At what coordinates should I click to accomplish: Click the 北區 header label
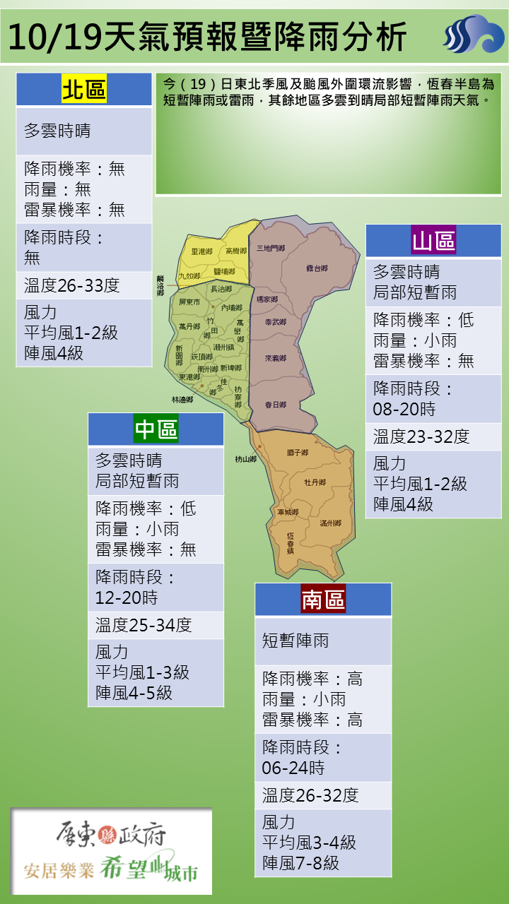click(x=84, y=90)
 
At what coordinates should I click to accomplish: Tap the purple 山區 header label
click(x=433, y=241)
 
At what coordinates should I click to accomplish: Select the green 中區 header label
click(x=156, y=429)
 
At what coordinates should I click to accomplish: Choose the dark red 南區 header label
click(x=323, y=599)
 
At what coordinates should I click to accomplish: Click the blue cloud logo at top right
click(x=473, y=33)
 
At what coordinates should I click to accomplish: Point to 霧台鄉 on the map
click(x=317, y=268)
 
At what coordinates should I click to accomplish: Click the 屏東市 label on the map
click(x=190, y=302)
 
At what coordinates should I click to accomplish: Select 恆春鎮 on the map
click(x=291, y=542)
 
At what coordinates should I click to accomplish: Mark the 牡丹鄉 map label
click(x=315, y=482)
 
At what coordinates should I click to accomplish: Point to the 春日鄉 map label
click(x=275, y=405)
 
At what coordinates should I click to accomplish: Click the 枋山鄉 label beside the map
click(x=246, y=459)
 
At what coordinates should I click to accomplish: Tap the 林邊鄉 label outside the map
click(x=182, y=400)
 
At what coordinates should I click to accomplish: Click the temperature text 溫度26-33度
click(x=71, y=285)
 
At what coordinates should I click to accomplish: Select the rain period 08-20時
click(x=404, y=410)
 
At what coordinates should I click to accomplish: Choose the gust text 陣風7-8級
click(x=300, y=862)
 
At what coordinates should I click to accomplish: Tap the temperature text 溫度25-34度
click(x=144, y=625)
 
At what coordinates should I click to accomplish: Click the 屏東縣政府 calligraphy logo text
click(x=111, y=836)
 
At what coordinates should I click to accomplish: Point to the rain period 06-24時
click(x=293, y=768)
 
